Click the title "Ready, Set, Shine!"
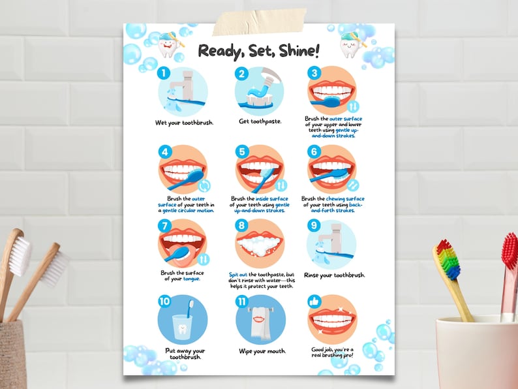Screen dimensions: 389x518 pyautogui.click(x=259, y=50)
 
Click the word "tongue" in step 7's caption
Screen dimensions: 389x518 pyautogui.click(x=191, y=279)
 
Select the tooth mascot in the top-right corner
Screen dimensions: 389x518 pyautogui.click(x=350, y=44)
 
